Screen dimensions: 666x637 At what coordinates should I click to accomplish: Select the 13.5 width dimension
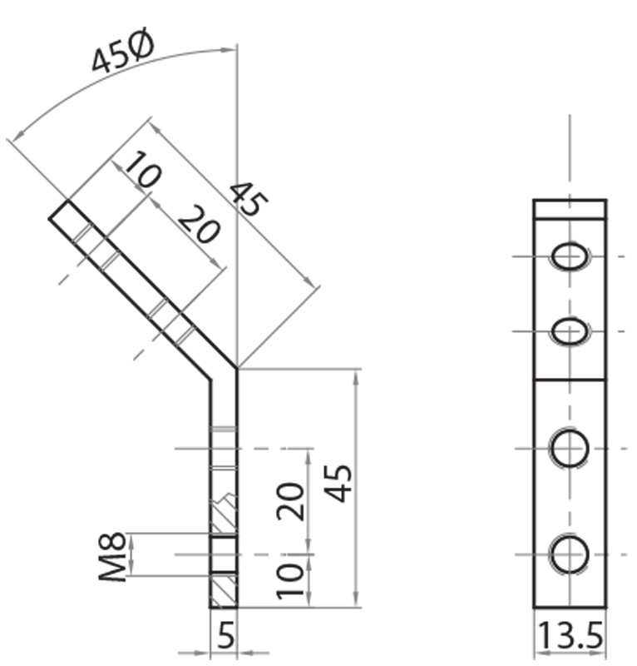pos(569,638)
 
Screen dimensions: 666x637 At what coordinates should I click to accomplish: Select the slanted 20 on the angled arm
pos(198,226)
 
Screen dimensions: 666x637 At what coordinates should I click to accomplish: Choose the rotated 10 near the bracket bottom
pos(290,580)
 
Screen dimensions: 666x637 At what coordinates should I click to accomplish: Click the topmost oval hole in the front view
pos(570,256)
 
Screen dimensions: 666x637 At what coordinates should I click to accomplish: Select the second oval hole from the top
pos(570,331)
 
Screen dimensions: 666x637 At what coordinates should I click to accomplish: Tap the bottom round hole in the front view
pos(570,554)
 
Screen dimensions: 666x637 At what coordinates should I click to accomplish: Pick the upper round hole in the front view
pos(570,448)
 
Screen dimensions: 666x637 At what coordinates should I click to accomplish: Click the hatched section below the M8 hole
pos(224,590)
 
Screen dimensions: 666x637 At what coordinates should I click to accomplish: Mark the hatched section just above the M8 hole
pos(224,516)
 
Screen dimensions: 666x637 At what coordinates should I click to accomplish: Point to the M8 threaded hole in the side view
pos(224,554)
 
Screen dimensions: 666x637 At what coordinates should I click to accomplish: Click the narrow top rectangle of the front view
pos(570,208)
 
